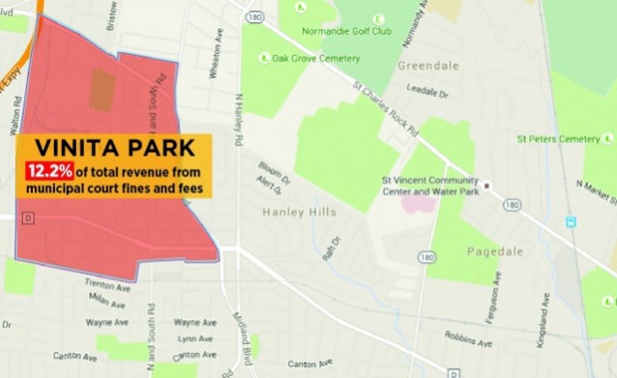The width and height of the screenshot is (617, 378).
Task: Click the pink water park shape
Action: tap(420, 203)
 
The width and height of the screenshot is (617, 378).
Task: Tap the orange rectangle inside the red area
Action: tap(102, 89)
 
